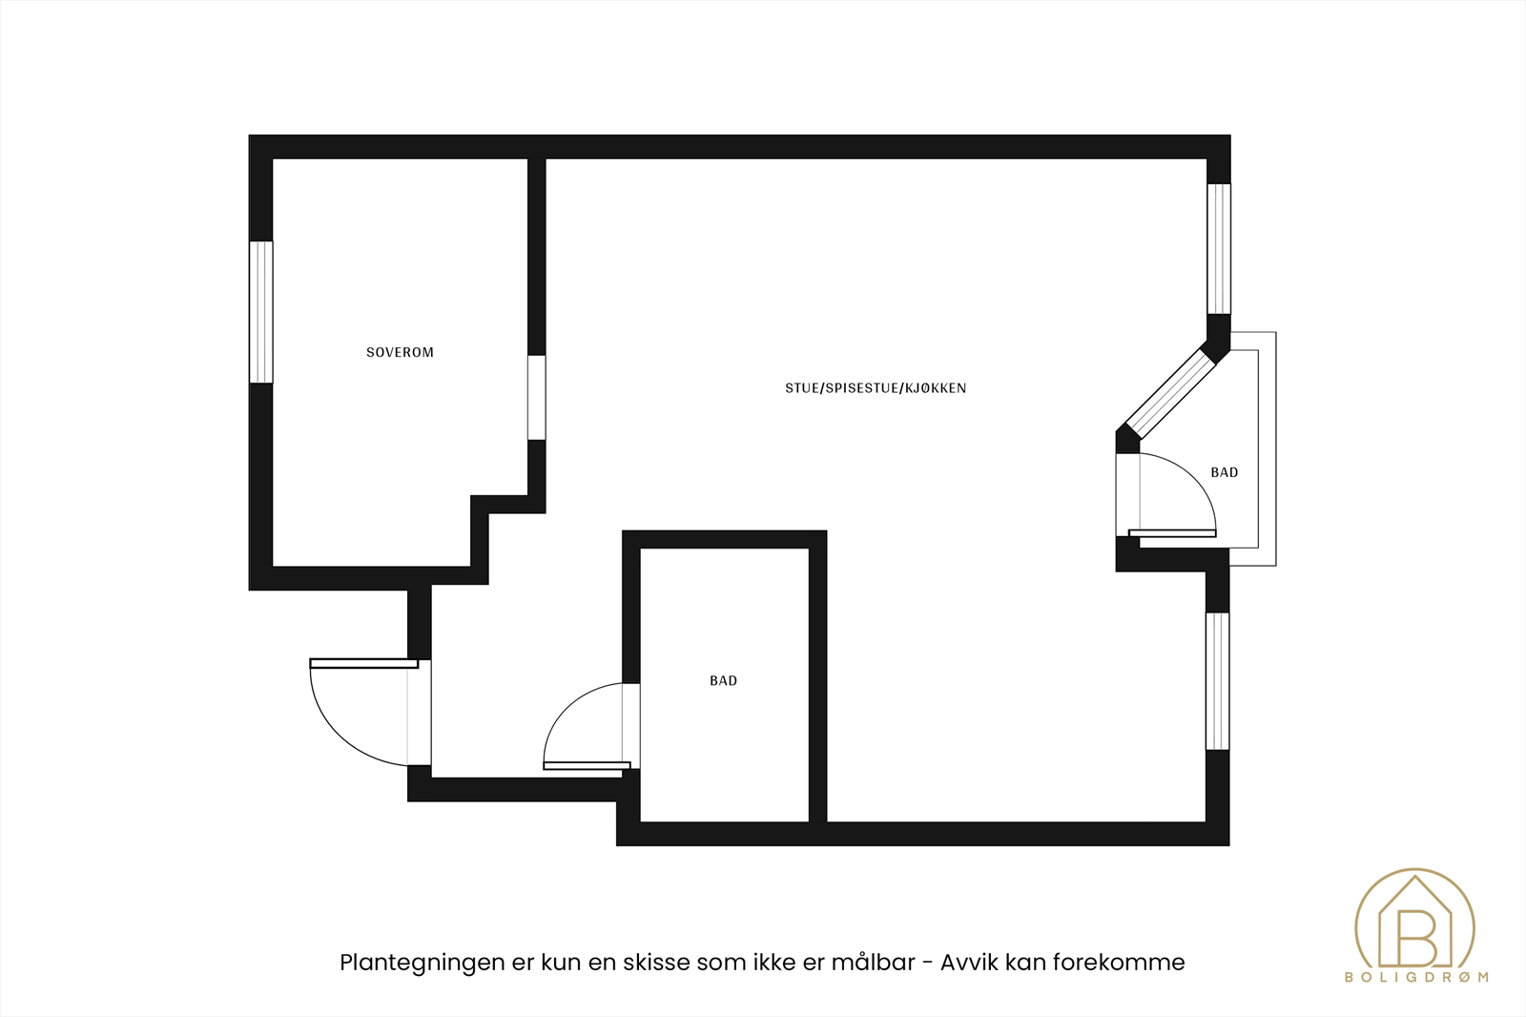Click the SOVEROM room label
tap(400, 352)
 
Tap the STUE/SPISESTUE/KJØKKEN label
tap(876, 388)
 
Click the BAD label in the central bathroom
tap(723, 680)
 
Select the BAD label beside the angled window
tap(1224, 472)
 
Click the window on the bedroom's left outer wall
tap(261, 312)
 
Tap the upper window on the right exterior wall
tap(1219, 248)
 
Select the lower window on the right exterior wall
tap(1218, 680)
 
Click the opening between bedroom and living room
tap(537, 397)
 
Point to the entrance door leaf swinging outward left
tap(364, 663)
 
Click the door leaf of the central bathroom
tap(587, 765)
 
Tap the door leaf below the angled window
tap(1172, 533)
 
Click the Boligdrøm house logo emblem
tap(1414, 925)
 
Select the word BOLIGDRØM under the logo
tap(1415, 977)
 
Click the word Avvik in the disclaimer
tap(969, 963)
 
